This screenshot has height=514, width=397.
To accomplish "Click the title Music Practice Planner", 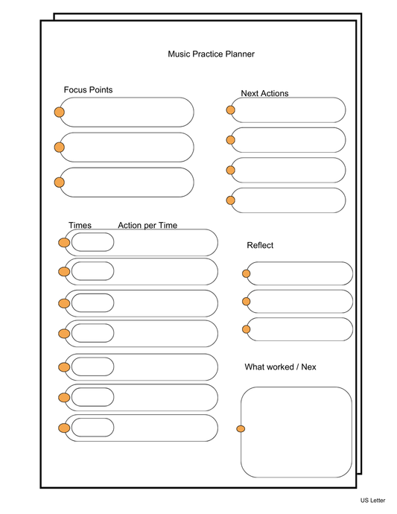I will pyautogui.click(x=212, y=54).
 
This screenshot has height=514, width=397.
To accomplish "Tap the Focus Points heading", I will pyautogui.click(x=88, y=90).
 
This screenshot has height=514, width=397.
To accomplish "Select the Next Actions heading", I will pyautogui.click(x=264, y=93).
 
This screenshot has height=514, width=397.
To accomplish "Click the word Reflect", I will pyautogui.click(x=260, y=245).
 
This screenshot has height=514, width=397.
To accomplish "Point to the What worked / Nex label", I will pyautogui.click(x=280, y=367).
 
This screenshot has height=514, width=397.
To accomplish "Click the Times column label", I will pyautogui.click(x=80, y=225).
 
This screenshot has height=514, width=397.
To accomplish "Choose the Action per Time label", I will pyautogui.click(x=147, y=225).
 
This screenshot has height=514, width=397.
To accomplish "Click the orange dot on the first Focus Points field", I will pyautogui.click(x=59, y=112).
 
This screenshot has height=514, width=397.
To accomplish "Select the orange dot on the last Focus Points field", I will pyautogui.click(x=59, y=183).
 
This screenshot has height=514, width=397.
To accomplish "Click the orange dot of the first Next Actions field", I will pyautogui.click(x=231, y=110).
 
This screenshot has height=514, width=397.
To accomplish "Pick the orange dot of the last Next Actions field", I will pyautogui.click(x=231, y=200).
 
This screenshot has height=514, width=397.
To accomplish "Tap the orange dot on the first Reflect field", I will pyautogui.click(x=247, y=273).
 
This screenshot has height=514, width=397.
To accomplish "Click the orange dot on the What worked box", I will pyautogui.click(x=241, y=428).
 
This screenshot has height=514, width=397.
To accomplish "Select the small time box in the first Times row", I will pyautogui.click(x=92, y=242).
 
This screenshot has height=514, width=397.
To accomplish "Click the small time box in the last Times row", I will pyautogui.click(x=92, y=428).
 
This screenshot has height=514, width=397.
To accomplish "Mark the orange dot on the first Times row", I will pyautogui.click(x=64, y=242).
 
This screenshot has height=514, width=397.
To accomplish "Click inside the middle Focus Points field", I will pyautogui.click(x=127, y=147).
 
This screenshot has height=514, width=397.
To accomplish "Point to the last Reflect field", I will pyautogui.click(x=299, y=329).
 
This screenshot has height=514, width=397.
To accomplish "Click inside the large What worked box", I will pyautogui.click(x=296, y=432).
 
